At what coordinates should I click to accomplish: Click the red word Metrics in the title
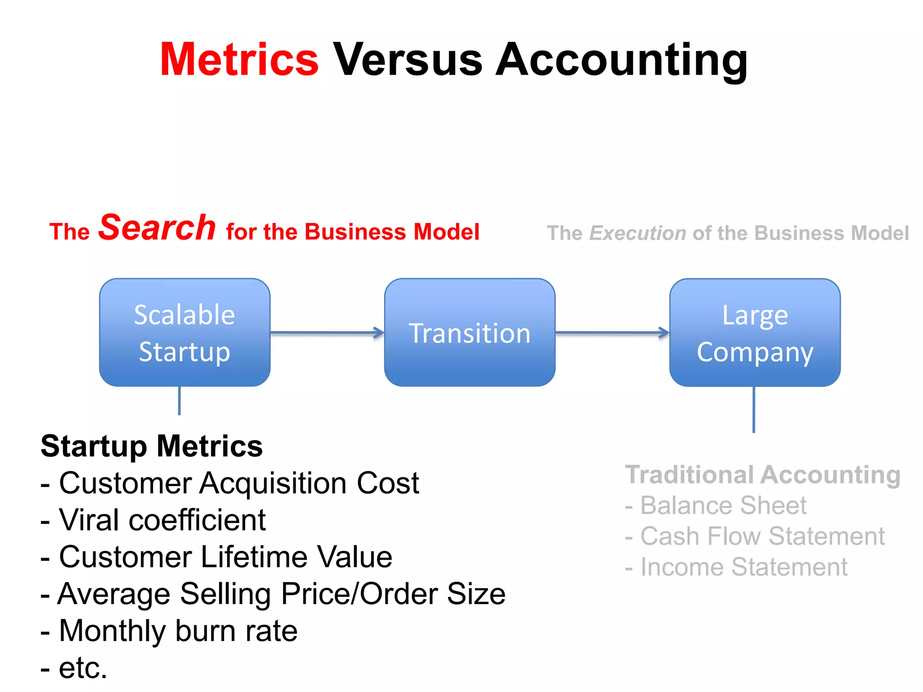[239, 59]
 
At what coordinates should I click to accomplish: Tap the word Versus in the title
[408, 59]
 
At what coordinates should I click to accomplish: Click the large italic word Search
[157, 228]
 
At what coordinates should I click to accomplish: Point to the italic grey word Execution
[638, 233]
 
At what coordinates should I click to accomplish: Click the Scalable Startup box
[185, 332]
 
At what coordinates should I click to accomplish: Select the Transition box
[470, 332]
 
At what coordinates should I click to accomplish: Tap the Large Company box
[755, 332]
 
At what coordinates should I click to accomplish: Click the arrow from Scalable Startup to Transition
[327, 333]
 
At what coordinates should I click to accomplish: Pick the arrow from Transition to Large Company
[612, 333]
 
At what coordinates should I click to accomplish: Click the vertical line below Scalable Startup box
[179, 401]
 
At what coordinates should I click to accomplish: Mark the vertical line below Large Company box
[754, 410]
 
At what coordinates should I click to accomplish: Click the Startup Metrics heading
[152, 446]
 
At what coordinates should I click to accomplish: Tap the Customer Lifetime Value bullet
[216, 557]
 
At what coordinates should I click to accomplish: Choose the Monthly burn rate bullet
[169, 631]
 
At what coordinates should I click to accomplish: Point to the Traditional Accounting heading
[763, 475]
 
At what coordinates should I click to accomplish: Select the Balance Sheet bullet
[716, 505]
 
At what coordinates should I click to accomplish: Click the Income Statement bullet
[736, 567]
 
